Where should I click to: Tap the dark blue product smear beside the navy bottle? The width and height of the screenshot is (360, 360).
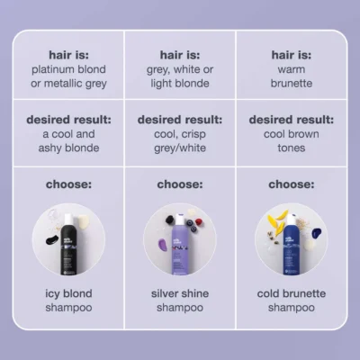[317, 233]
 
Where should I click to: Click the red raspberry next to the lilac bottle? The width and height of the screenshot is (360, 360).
[198, 221]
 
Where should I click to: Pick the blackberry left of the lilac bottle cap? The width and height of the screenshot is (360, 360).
[170, 220]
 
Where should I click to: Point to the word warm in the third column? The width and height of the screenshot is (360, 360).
[292, 69]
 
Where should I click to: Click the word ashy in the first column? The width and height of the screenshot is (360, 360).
[48, 148]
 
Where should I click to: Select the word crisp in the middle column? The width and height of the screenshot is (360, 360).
[193, 134]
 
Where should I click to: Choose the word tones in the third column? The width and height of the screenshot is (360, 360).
[292, 148]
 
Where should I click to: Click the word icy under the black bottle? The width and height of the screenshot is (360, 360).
[52, 293]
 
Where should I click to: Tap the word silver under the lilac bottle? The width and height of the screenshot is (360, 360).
[165, 293]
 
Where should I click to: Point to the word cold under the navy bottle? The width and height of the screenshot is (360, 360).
[268, 293]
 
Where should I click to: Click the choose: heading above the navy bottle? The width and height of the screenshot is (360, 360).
[292, 184]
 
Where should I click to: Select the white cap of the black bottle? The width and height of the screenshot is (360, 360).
[68, 218]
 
